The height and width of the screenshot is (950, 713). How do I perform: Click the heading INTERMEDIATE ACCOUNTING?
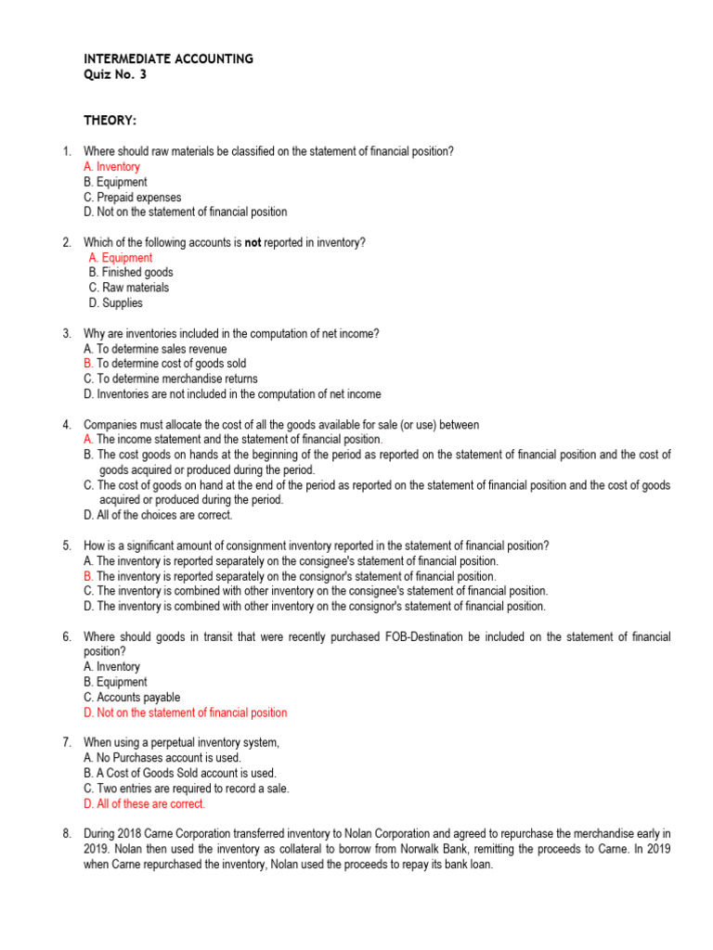[168, 58]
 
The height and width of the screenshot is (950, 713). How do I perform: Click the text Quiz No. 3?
[114, 74]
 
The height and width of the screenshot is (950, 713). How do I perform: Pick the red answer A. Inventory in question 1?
[111, 167]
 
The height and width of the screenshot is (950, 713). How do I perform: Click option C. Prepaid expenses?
[132, 197]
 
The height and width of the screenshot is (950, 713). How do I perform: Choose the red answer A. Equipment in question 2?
[121, 258]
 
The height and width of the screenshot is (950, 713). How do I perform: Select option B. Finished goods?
[131, 273]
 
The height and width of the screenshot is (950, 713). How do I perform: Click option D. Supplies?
[116, 302]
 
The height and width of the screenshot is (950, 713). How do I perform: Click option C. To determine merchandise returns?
[171, 379]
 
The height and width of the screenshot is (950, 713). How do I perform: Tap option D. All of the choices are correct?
[158, 515]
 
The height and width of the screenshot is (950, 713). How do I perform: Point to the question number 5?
[67, 546]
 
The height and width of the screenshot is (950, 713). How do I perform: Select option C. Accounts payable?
[132, 697]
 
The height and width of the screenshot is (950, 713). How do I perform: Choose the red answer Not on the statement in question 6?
[186, 712]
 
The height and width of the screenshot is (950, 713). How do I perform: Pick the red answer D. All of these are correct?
[144, 803]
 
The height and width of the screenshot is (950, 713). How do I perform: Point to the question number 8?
[67, 833]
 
